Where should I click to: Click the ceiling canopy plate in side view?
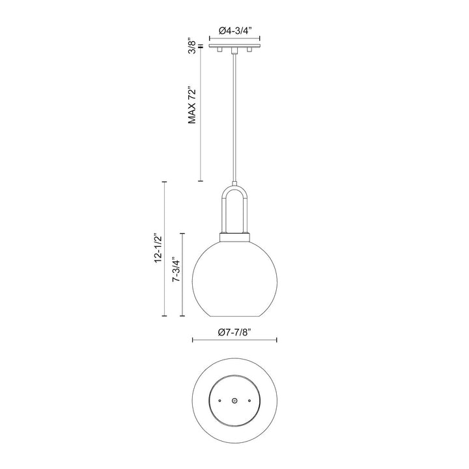click(x=234, y=46)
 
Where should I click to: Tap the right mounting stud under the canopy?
click(x=249, y=50)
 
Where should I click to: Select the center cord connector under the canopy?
click(x=234, y=51)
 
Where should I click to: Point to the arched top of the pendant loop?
click(x=234, y=188)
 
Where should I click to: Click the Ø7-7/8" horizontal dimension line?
click(x=235, y=339)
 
